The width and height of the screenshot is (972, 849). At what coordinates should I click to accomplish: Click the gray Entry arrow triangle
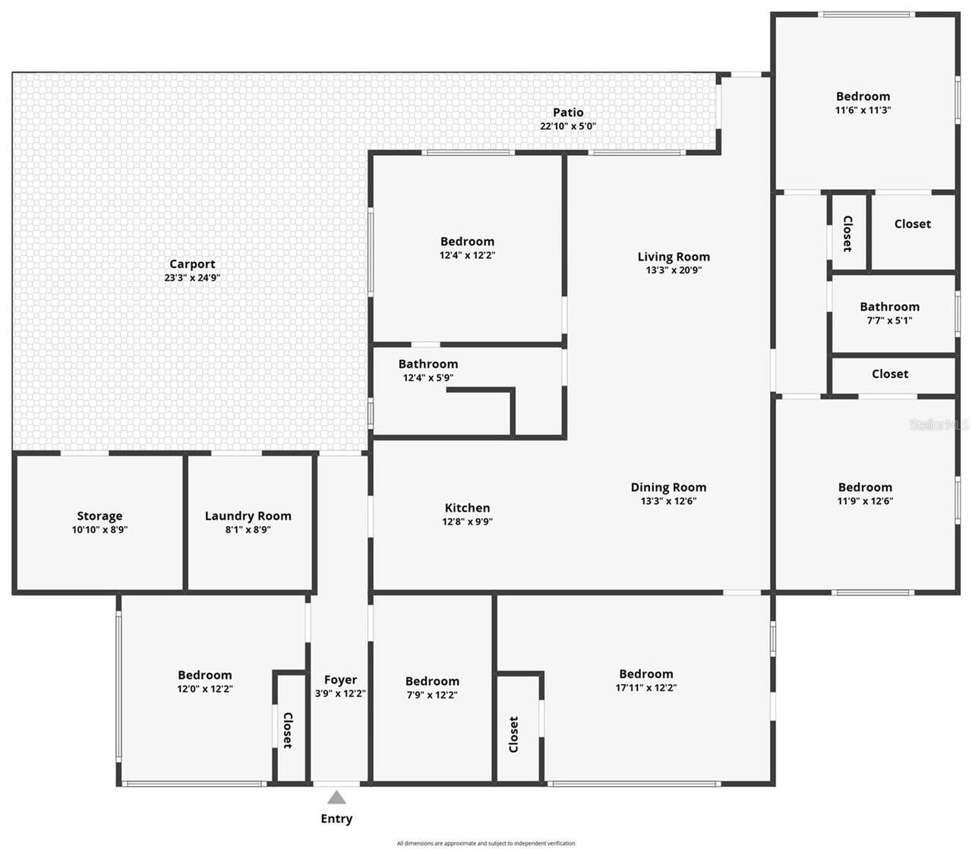point(336,797)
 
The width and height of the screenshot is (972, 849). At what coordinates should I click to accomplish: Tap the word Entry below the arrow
point(336,819)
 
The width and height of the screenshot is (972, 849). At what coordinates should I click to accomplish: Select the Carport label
point(192,264)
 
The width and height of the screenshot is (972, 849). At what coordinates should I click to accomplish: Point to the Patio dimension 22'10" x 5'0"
point(568,126)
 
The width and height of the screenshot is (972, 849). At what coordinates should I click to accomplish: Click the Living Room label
point(674,257)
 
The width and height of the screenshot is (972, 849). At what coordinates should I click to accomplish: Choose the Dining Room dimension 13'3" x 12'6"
point(668,501)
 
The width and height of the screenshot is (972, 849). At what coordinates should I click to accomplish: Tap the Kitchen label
point(467,508)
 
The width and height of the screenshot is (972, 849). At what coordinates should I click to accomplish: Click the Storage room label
point(99,516)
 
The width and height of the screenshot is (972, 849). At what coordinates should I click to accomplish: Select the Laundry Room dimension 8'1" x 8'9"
point(248,530)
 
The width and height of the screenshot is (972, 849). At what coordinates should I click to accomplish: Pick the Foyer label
point(340,680)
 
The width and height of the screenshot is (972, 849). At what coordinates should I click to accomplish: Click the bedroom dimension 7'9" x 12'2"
point(431,695)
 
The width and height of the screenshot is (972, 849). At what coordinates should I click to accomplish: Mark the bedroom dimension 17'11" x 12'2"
point(645,688)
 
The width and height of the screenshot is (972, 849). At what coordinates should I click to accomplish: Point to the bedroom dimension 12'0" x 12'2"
point(204,690)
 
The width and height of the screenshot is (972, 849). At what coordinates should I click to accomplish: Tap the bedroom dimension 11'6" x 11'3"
point(863,110)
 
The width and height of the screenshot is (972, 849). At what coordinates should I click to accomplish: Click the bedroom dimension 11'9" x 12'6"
point(865,501)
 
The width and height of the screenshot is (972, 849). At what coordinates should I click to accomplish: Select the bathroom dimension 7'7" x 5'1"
point(889,320)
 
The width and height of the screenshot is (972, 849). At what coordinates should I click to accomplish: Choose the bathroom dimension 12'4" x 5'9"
point(428,378)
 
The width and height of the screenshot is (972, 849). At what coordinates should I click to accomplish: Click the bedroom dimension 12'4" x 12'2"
point(467,256)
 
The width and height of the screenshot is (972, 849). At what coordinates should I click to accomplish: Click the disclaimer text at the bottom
point(486,843)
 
